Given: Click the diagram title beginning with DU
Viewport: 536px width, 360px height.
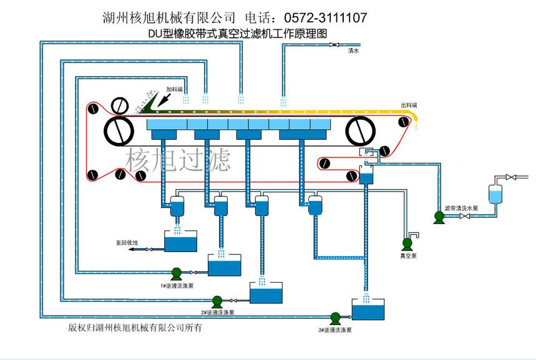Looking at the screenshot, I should (238, 34).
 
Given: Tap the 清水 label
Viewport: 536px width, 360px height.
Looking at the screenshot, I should (353, 52).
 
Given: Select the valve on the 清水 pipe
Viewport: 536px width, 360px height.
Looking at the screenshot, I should (334, 45).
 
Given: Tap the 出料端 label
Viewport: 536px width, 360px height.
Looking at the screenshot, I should (409, 105).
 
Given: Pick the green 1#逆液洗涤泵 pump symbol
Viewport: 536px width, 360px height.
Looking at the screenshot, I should (176, 272).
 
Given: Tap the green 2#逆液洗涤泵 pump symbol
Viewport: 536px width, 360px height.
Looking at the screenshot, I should (217, 301).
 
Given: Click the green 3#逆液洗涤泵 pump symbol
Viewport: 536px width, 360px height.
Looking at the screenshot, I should (335, 317).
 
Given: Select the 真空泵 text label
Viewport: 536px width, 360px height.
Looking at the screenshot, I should (408, 256).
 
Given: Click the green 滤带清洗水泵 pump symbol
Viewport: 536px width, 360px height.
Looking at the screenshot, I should (439, 217).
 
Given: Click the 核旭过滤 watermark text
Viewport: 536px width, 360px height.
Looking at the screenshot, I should (178, 160).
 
